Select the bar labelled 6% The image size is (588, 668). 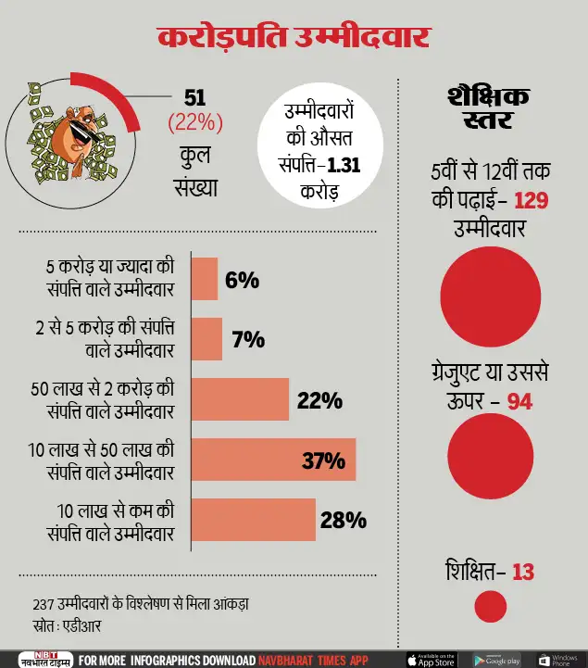click(205, 279)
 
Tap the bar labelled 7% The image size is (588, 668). click(206, 339)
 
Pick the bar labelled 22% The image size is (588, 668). click(240, 400)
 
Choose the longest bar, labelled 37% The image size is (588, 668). click(273, 460)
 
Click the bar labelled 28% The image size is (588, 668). click(254, 520)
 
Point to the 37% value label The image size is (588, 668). click(323, 460)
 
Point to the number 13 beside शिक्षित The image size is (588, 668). click(523, 572)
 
